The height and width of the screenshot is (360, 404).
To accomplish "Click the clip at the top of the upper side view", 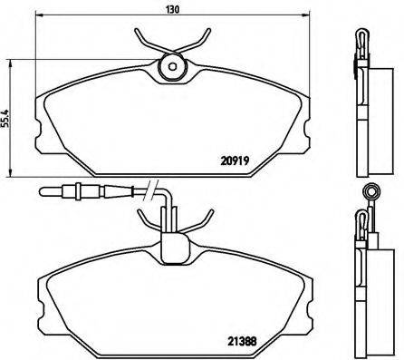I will (360, 38).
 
